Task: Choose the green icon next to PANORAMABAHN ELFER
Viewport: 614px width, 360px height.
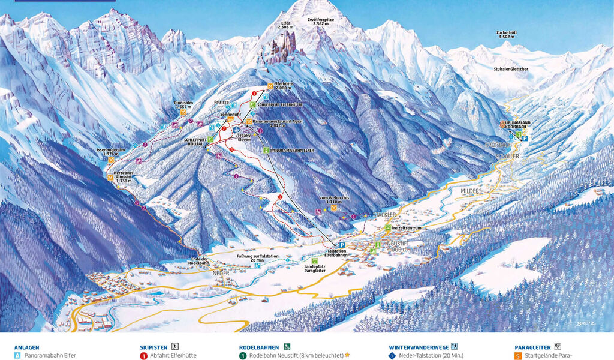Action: tap(265, 149)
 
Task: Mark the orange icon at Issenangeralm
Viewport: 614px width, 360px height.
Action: tap(111, 160)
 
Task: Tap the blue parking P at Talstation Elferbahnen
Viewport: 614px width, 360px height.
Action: tap(341, 245)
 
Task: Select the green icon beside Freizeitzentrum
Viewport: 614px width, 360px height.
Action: tap(388, 228)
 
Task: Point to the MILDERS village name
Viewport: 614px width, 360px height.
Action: tap(471, 190)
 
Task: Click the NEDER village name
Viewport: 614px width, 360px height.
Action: tap(221, 272)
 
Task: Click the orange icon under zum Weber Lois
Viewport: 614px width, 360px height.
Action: tap(333, 208)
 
